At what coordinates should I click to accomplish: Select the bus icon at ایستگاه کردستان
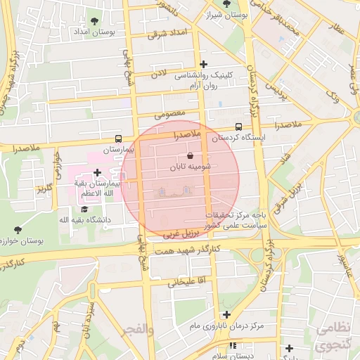point(238,127)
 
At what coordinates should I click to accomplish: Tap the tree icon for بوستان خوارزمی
point(18,229)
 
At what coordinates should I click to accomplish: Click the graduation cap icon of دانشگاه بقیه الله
point(84,210)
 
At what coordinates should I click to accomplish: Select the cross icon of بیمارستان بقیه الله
point(96,172)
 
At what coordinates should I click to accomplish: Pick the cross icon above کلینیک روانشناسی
point(204,64)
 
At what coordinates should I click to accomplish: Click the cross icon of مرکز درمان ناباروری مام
point(226,314)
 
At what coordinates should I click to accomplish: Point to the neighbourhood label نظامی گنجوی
point(330,337)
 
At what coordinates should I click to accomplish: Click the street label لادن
point(160,73)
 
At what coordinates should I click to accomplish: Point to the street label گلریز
point(46,188)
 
